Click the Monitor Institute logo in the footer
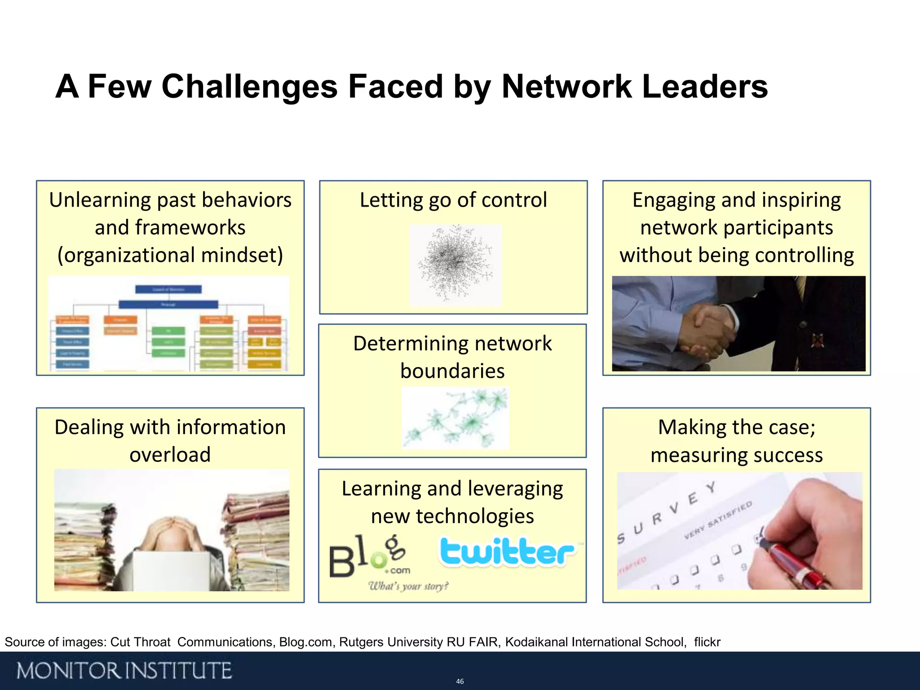point(124,671)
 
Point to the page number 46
point(460,681)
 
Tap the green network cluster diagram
point(455,418)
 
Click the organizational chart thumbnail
point(168,323)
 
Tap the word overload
point(170,455)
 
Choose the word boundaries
point(452,371)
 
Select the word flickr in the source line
point(707,642)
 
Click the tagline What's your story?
point(408,586)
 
